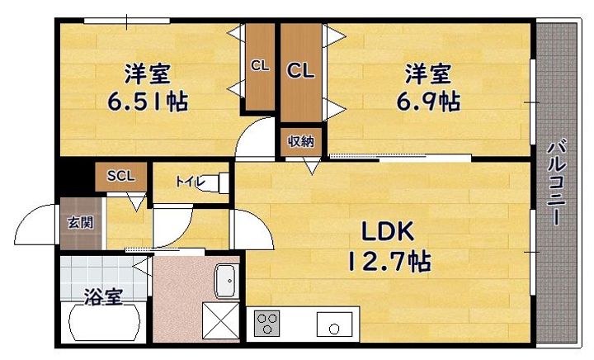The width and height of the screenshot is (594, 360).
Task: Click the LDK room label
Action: coord(388,232)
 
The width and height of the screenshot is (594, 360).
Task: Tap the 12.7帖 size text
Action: coord(389,261)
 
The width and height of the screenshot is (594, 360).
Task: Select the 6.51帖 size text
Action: coord(148,102)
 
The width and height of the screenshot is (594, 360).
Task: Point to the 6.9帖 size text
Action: coord(428,102)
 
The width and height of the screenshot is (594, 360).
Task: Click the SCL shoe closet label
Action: coord(120,176)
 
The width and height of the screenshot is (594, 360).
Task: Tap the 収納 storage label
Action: coord(301,142)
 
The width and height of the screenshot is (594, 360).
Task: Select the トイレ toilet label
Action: coord(190,182)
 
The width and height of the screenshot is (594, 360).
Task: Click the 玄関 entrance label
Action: coord(80,223)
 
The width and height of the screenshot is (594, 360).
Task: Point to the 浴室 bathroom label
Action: coord(103,296)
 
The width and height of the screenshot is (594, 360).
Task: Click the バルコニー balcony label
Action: coord(556,182)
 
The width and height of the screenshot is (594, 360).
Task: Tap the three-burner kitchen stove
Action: coord(266,323)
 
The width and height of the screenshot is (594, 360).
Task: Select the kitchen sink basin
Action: coord(334,324)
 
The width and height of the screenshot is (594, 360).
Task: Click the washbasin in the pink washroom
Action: coord(227,282)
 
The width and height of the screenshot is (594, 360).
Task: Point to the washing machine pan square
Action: coord(221,320)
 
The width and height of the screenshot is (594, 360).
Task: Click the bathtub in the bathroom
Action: coord(103,323)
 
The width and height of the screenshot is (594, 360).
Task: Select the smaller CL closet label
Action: coord(260,66)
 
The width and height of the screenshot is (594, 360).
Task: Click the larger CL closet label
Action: coord(300,70)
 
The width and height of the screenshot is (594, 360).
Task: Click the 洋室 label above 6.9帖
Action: coord(428,73)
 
